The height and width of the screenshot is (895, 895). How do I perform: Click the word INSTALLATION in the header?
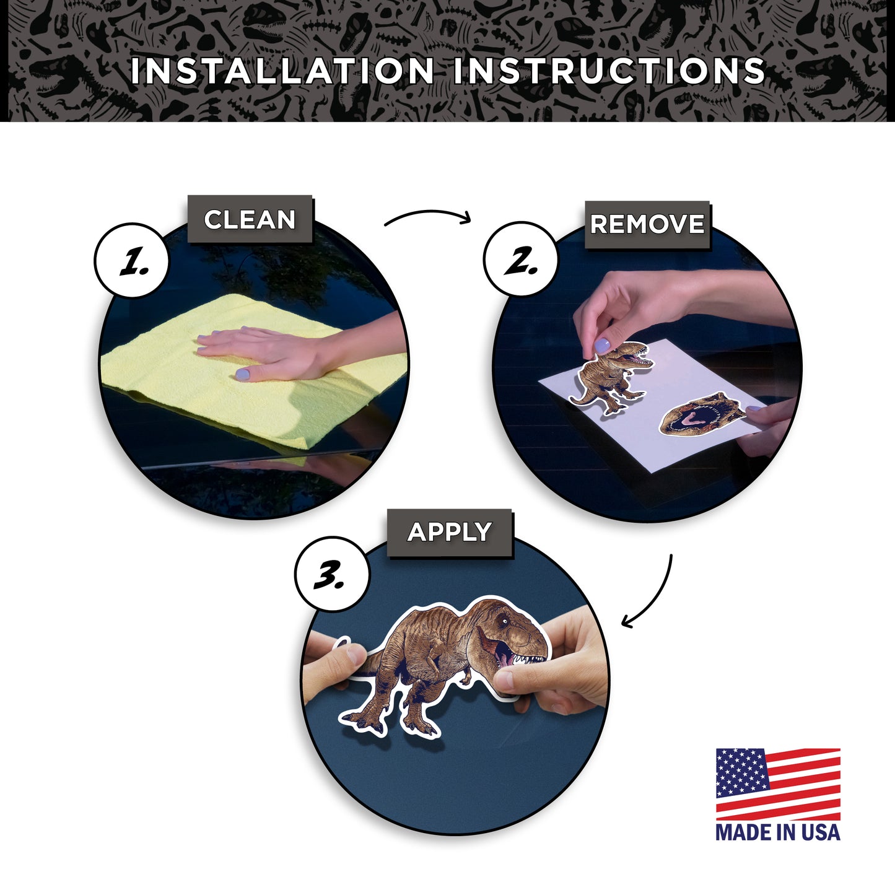[x=282, y=71]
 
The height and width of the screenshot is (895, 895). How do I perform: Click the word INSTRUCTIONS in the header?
[x=609, y=71]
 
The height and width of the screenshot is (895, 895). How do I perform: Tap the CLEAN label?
[x=250, y=219]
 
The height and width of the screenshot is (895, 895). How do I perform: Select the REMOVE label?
[x=647, y=224]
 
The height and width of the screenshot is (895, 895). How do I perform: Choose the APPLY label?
[x=450, y=532]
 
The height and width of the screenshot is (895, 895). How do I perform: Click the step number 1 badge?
[x=132, y=260]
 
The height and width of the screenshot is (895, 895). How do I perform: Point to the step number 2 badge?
[x=520, y=259]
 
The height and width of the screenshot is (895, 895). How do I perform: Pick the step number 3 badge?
[x=332, y=575]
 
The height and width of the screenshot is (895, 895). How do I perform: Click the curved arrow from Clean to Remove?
[x=428, y=214]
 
